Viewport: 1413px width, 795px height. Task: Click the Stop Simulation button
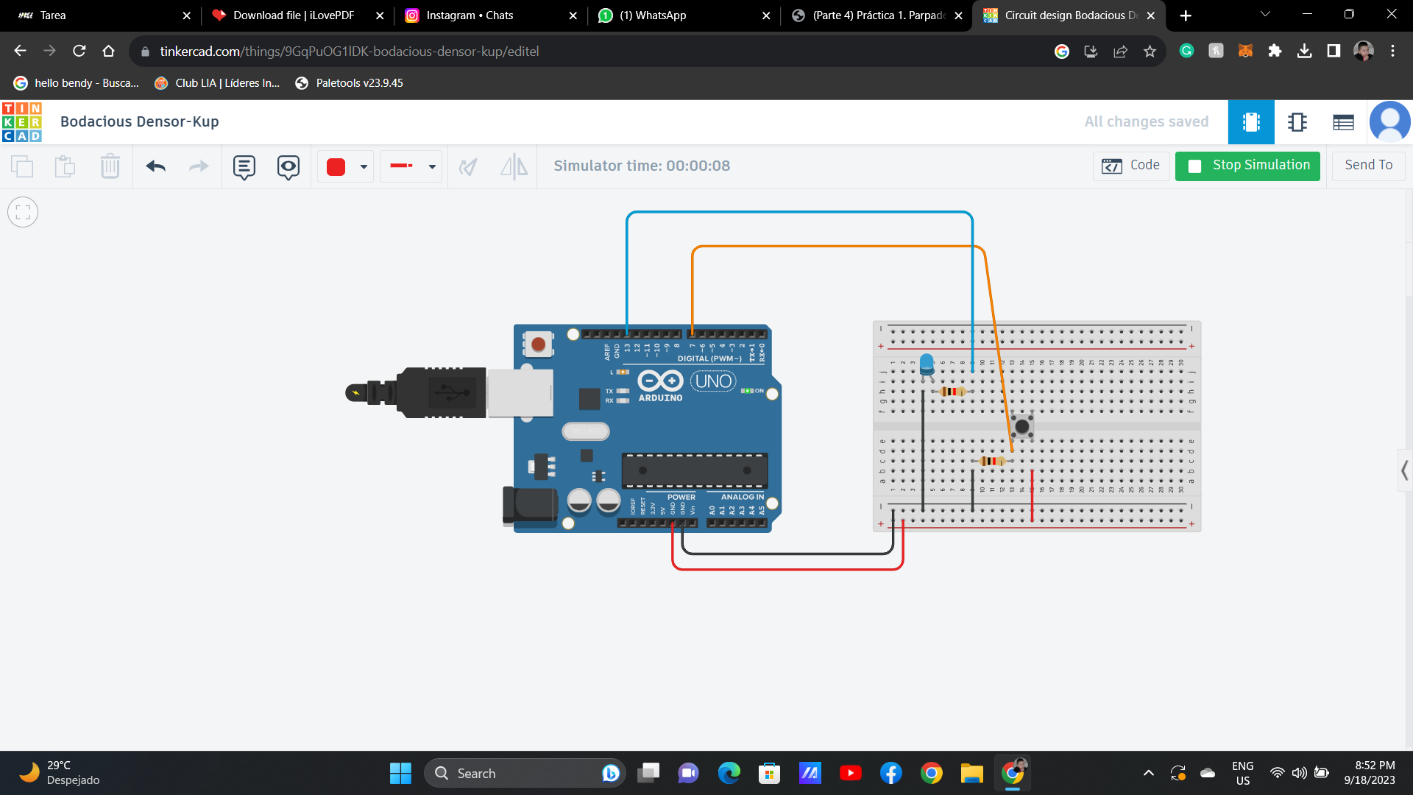(1247, 166)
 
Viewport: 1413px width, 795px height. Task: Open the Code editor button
(1131, 166)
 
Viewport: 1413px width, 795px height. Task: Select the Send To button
(1368, 166)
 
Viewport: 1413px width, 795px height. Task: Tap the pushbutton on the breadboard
(1021, 425)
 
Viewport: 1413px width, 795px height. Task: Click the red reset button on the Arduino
(539, 344)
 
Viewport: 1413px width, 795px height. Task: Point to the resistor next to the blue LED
(952, 392)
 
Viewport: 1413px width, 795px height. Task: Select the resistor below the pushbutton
(992, 461)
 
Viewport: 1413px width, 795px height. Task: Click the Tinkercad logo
(22, 121)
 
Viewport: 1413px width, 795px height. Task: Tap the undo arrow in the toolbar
(155, 166)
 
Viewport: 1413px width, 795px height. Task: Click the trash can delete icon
(110, 166)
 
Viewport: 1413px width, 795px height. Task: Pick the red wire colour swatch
(336, 167)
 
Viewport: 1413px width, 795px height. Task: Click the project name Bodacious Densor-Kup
(140, 121)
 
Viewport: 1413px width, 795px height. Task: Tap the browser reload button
(79, 51)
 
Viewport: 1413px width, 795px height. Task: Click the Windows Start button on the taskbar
(400, 773)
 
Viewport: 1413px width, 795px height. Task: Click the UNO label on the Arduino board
(713, 381)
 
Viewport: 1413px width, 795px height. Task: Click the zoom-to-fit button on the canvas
(23, 213)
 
